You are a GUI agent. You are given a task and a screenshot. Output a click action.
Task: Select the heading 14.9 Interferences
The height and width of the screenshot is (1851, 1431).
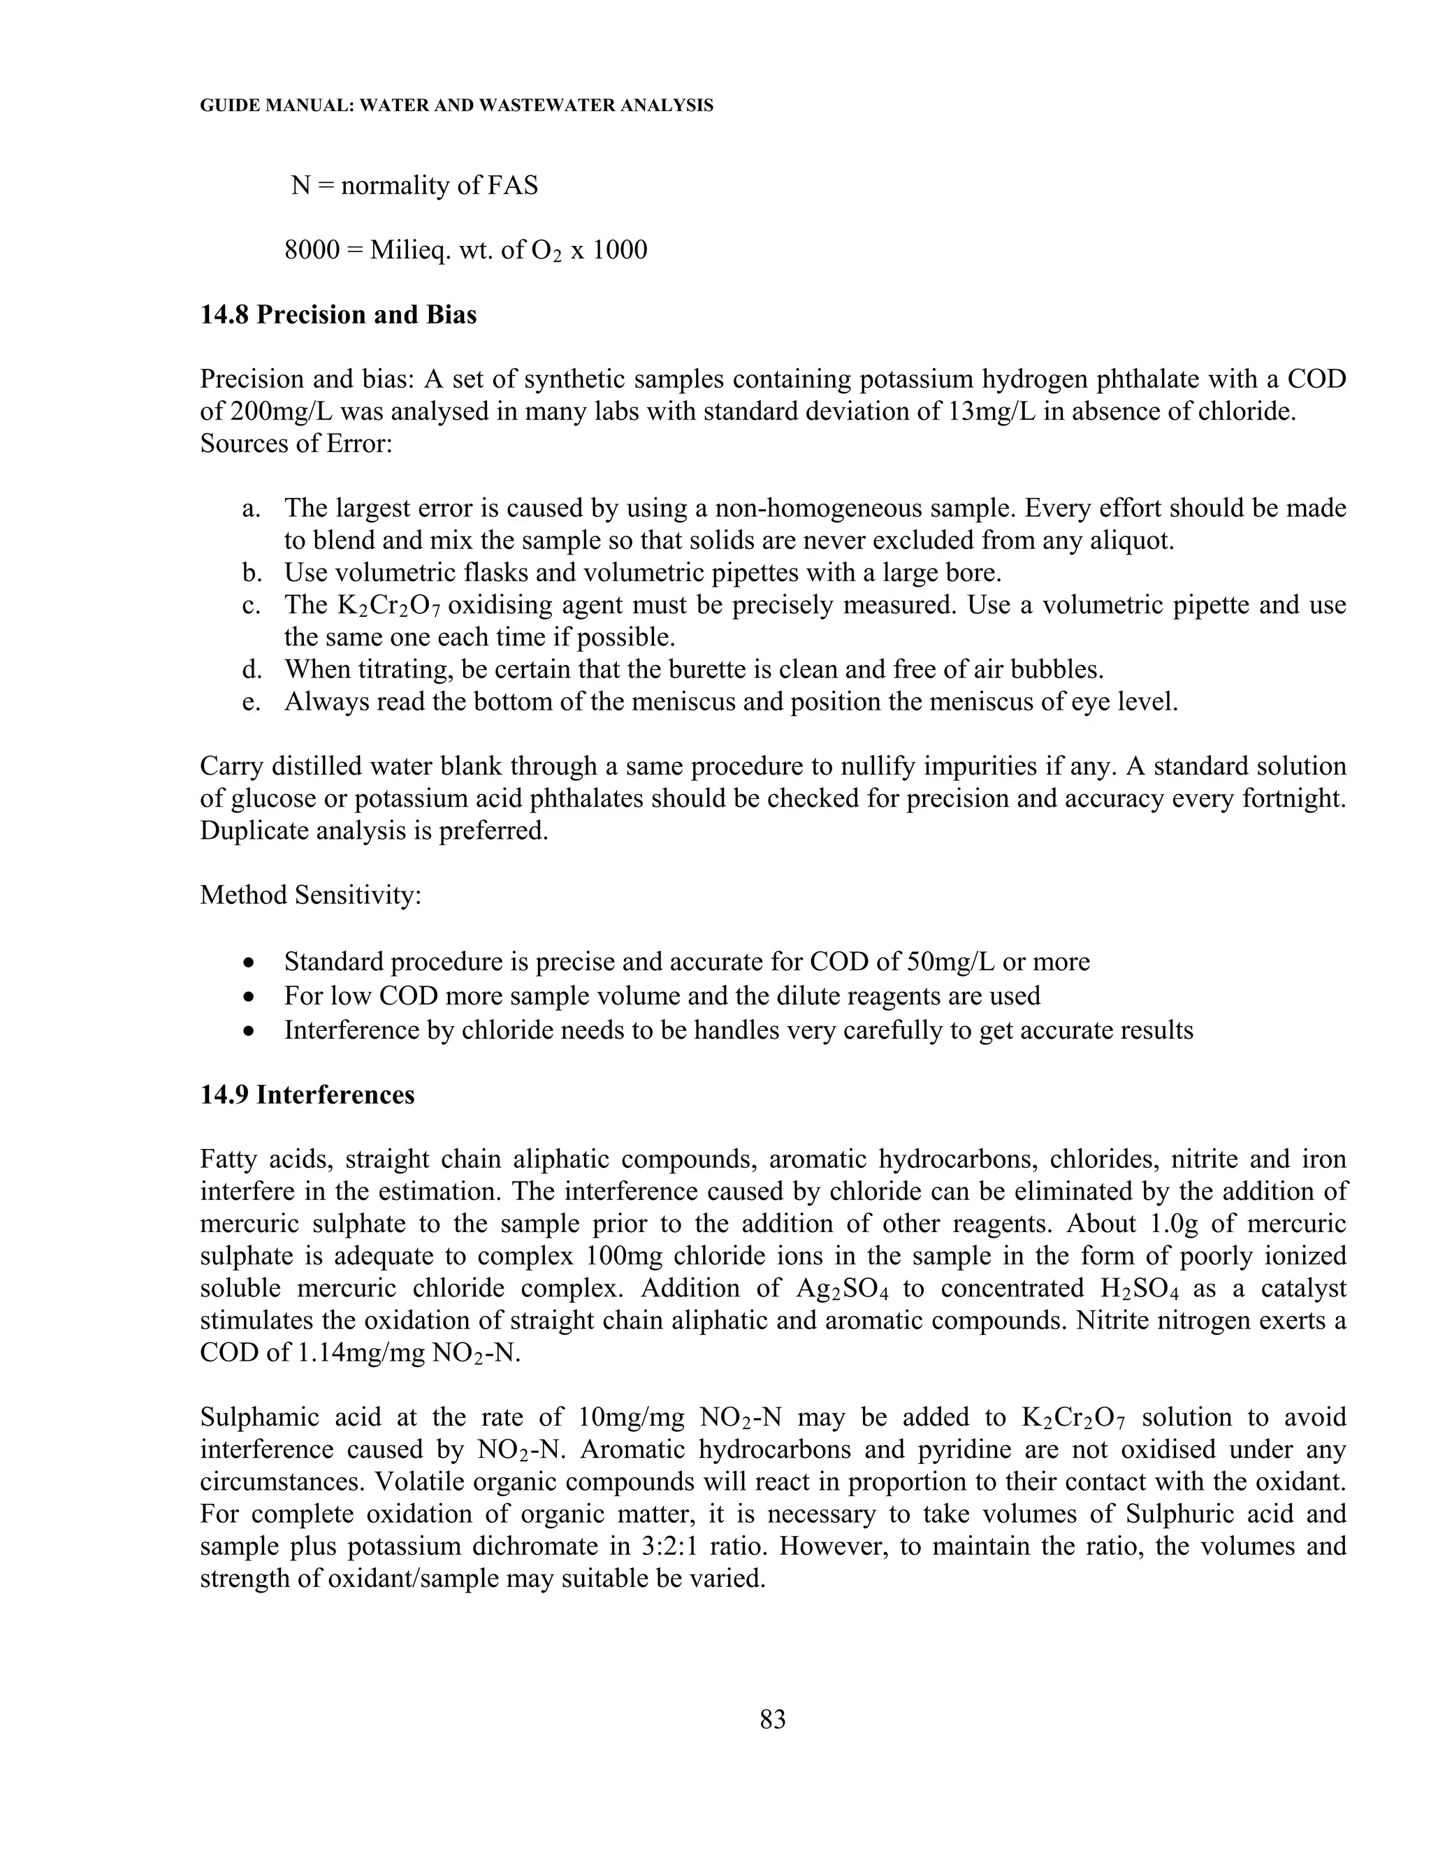(307, 1094)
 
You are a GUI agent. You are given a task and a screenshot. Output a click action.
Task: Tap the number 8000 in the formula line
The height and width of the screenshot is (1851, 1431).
(311, 250)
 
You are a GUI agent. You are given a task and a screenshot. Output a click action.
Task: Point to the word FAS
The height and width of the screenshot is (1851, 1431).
(513, 185)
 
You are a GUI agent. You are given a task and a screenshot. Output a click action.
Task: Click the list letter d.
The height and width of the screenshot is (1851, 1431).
(252, 670)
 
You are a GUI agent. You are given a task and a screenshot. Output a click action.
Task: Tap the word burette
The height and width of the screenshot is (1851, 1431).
(641, 670)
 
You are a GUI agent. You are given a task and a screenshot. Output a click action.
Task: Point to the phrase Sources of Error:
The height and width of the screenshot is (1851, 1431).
(296, 444)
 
